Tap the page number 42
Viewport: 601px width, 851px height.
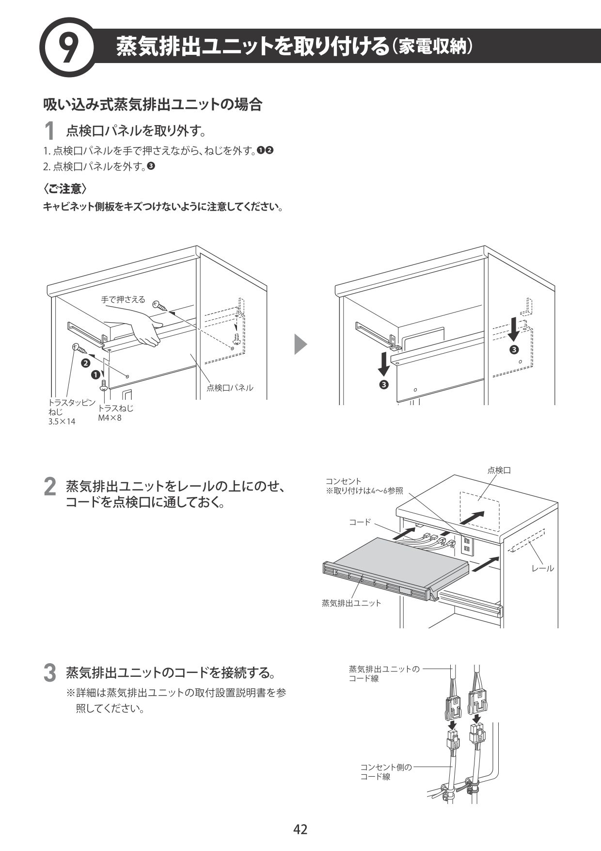tap(300, 829)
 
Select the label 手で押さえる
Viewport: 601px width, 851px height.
tap(123, 300)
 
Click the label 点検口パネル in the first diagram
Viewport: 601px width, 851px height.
tap(230, 388)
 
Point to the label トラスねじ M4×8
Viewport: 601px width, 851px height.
tap(115, 413)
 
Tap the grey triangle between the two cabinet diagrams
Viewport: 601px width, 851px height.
tap(300, 345)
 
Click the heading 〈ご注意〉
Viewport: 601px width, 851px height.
tap(65, 188)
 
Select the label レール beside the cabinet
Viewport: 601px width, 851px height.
tap(542, 568)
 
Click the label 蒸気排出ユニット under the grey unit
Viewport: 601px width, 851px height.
tap(351, 603)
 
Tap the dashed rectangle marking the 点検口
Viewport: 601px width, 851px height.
tap(479, 510)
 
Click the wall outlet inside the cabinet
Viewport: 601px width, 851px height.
tap(466, 545)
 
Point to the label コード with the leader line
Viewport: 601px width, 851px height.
tap(360, 522)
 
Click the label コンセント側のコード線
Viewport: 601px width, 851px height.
tap(385, 772)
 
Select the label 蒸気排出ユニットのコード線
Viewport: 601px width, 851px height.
tap(384, 674)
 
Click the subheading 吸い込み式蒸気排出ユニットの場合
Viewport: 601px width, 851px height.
tap(153, 104)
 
